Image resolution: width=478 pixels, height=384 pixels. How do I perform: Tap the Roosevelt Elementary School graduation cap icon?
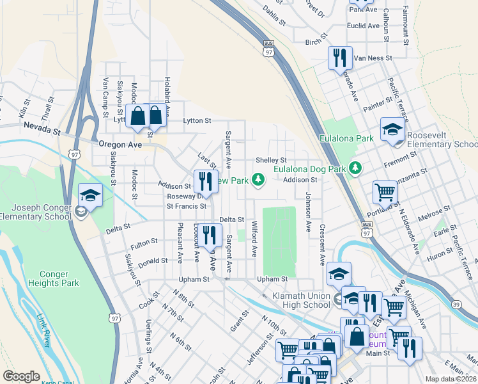click(x=392, y=130)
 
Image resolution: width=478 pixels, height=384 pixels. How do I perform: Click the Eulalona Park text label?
click(x=347, y=138)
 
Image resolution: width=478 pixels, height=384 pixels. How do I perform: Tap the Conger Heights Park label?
click(x=49, y=279)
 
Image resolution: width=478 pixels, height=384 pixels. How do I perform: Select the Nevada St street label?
click(x=42, y=129)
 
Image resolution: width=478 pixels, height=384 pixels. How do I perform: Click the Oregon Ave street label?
click(x=120, y=145)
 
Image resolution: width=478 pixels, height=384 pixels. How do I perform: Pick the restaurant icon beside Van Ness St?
click(x=339, y=58)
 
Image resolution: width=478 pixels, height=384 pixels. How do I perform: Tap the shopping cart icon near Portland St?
click(x=385, y=192)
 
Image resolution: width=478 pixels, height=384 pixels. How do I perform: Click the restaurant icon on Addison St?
click(x=206, y=181)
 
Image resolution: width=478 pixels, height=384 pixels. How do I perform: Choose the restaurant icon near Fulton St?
click(x=208, y=235)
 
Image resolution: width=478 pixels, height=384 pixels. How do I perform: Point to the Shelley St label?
click(x=271, y=160)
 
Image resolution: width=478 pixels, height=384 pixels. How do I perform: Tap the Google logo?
click(x=21, y=376)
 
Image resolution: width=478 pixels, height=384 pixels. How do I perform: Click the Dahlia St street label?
click(x=274, y=16)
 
